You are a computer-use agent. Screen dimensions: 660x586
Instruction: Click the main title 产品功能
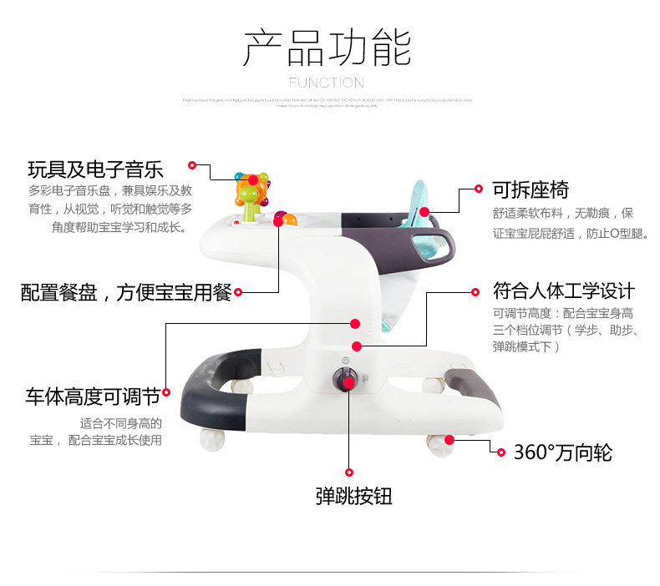(327, 48)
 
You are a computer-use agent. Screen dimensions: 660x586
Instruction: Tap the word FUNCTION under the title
(327, 83)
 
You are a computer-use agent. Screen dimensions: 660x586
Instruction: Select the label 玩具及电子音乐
(95, 169)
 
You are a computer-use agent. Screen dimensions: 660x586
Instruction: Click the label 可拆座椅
(530, 189)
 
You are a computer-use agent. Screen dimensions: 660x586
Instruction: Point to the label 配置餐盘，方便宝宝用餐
(126, 293)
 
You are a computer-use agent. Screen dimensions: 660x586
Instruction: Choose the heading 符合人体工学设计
(564, 290)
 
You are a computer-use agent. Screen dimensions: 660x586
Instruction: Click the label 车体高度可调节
(92, 394)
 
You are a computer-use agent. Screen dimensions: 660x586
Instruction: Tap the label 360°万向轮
(563, 452)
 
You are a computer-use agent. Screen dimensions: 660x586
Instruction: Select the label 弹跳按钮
(353, 496)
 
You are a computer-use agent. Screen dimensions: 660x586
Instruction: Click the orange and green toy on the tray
(251, 197)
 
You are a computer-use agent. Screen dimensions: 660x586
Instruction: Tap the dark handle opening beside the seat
(430, 243)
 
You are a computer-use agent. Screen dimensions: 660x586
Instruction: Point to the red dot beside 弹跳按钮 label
(349, 472)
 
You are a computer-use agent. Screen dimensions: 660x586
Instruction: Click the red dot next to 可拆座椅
(479, 189)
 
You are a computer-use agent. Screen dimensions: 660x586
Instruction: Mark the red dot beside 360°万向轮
(501, 452)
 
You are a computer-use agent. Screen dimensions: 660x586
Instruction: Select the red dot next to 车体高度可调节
(165, 392)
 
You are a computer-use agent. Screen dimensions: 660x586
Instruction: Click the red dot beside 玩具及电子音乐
(192, 165)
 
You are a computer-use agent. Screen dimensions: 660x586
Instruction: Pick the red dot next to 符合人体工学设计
(478, 293)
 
